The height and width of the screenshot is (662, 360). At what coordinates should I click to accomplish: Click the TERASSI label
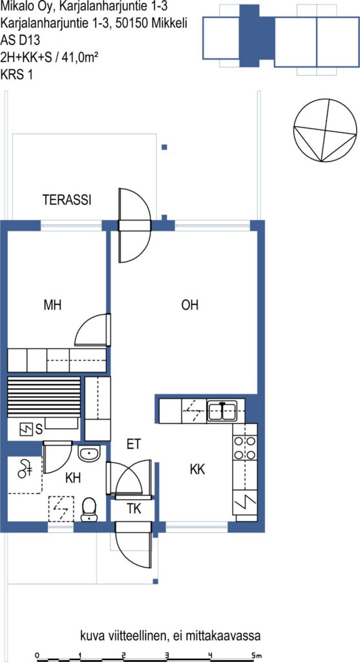pos(67,200)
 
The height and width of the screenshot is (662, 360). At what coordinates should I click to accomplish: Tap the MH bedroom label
pos(52,305)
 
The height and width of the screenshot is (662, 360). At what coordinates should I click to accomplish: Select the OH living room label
pos(189,305)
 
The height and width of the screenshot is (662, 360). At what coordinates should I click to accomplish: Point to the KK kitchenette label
pos(197,469)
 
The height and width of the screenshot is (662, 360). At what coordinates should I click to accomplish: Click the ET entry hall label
pos(133,443)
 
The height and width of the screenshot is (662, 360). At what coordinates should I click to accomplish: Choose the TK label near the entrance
pos(134,509)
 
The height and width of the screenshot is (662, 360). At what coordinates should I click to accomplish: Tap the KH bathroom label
pos(73,478)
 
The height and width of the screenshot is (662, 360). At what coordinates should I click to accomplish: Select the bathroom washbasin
pos(89,454)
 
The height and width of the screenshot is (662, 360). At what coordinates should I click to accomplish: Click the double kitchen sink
pos(222,411)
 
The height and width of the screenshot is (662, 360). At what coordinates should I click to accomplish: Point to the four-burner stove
pos(245,447)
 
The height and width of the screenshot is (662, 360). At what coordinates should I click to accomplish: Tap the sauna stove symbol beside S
pos(26,430)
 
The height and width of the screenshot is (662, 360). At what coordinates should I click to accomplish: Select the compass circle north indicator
pos(324,130)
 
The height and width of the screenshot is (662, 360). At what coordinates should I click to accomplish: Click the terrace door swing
pos(134,226)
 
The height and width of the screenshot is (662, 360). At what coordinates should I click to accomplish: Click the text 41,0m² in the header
pos(80,56)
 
